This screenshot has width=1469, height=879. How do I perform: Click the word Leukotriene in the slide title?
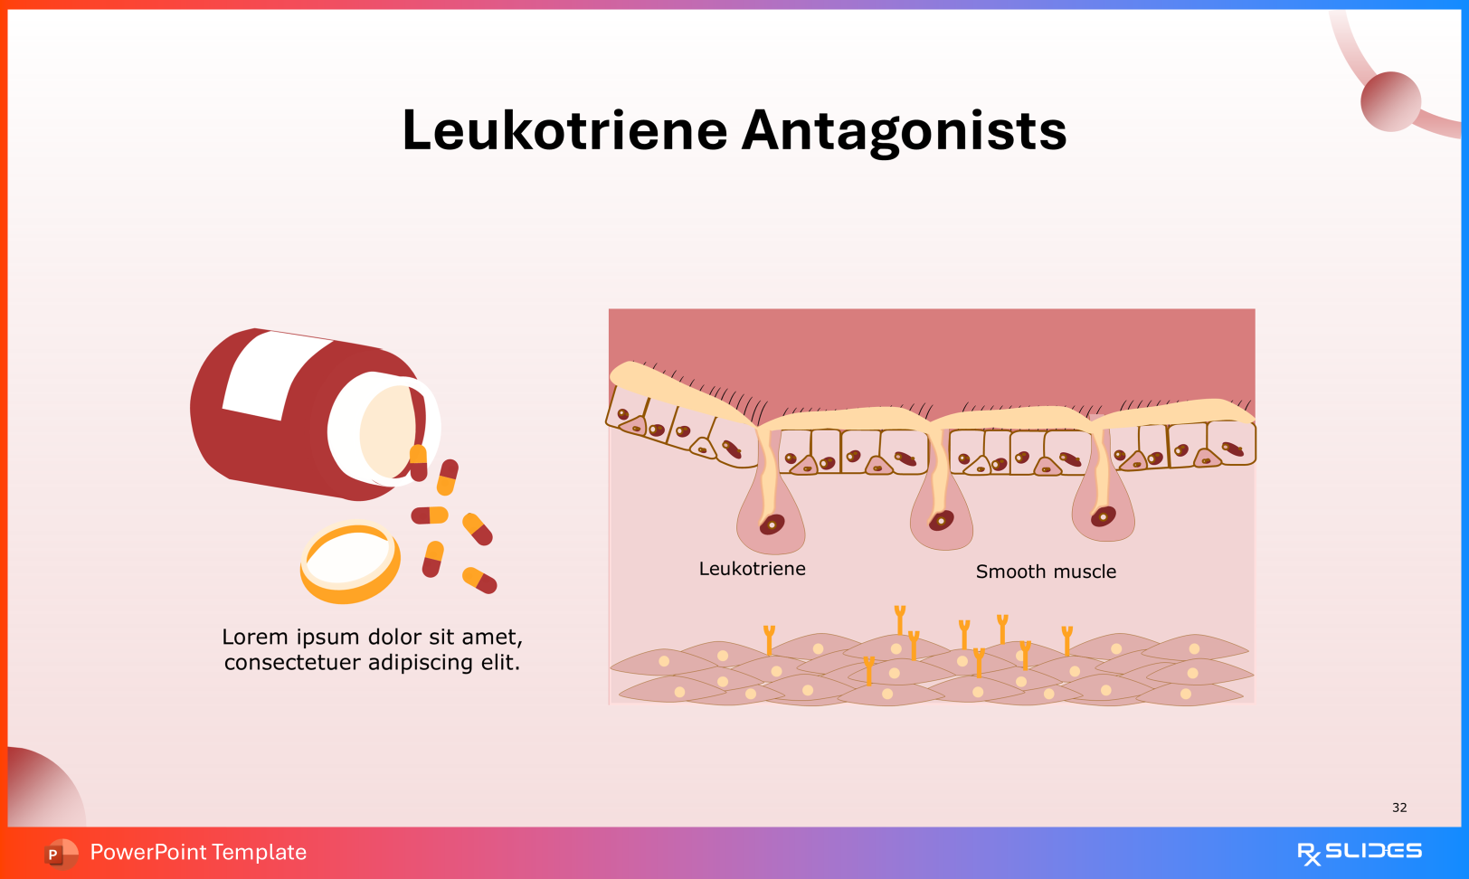click(564, 130)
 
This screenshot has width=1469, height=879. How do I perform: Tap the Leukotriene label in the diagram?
click(752, 569)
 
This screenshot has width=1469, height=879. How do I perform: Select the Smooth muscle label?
click(1046, 572)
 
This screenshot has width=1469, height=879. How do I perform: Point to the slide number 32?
click(1399, 808)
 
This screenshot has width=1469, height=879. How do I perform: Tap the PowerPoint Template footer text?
click(198, 852)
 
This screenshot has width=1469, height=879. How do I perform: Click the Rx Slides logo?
click(1359, 852)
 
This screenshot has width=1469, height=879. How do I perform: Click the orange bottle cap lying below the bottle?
click(350, 562)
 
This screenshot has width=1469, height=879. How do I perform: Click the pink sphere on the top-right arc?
click(1390, 101)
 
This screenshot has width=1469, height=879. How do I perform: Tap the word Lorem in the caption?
click(253, 638)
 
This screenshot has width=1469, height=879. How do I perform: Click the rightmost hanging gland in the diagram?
click(1103, 513)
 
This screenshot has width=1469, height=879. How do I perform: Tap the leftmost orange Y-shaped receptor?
click(769, 638)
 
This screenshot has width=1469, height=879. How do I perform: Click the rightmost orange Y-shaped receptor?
click(1067, 638)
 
